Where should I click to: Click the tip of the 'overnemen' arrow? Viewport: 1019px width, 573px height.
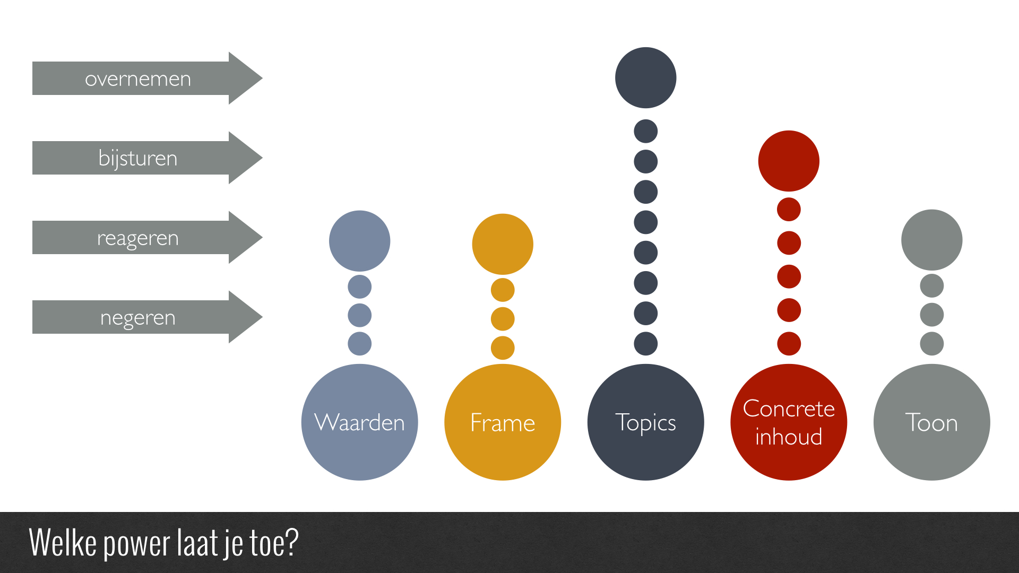coord(262,78)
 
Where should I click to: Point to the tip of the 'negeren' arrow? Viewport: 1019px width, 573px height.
coord(262,317)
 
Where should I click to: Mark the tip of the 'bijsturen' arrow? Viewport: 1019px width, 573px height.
coord(262,158)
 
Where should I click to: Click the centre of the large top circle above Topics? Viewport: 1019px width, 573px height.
coord(645,77)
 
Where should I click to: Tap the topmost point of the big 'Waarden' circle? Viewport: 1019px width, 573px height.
coord(359,364)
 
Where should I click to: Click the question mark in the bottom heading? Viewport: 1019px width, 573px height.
coord(291,542)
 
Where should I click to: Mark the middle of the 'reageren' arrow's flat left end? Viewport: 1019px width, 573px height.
coord(32,237)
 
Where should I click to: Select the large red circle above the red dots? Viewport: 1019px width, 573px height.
coord(789,161)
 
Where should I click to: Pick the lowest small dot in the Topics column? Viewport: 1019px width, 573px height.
coord(645,344)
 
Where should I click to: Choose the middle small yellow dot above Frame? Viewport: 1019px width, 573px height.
coord(503,319)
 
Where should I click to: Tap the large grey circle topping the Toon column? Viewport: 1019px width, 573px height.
coord(931,240)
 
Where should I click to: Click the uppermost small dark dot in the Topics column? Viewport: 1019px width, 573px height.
coord(645,131)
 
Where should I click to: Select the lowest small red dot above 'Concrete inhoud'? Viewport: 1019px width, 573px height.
coord(789,344)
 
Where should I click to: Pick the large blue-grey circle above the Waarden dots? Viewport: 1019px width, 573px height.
coord(359,241)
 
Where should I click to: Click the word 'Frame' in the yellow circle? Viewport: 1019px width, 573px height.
coord(503,423)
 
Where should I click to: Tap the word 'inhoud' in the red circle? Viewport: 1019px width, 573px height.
coord(789,437)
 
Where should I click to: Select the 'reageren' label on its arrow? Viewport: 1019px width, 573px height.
coord(138,239)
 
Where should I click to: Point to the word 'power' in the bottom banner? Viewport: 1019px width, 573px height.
coord(137,543)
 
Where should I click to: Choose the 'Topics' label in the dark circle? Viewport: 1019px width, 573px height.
coord(645,423)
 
